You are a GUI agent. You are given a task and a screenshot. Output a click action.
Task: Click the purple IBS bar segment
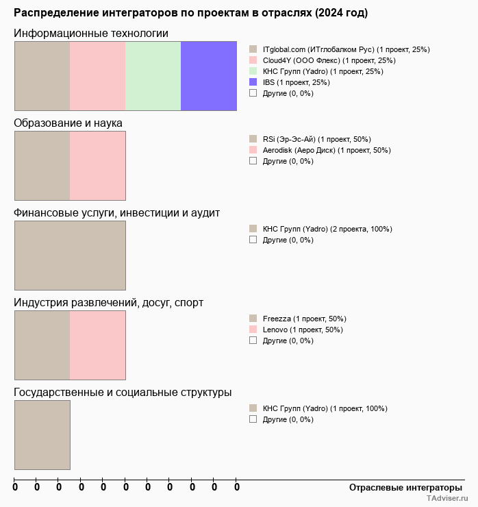click(208, 75)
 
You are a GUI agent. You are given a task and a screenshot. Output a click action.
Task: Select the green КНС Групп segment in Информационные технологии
click(153, 75)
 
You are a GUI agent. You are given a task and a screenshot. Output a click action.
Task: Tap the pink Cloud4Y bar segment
click(97, 75)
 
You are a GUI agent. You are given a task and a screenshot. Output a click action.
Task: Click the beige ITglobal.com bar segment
click(42, 75)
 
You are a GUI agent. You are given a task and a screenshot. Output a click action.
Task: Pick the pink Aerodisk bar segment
click(97, 165)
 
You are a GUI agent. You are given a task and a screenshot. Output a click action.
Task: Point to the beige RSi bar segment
click(42, 165)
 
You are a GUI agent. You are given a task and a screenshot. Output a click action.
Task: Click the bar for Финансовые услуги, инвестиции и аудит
click(70, 255)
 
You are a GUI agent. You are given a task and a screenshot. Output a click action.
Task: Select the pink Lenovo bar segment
click(97, 345)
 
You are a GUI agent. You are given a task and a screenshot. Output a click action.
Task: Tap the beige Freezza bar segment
click(42, 345)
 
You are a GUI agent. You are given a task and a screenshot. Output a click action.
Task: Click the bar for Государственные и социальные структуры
click(42, 434)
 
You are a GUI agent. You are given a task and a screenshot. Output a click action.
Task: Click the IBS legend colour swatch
click(253, 82)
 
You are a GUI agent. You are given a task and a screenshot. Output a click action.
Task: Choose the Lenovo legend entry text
click(303, 330)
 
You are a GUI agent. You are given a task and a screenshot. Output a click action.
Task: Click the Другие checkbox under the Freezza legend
click(253, 340)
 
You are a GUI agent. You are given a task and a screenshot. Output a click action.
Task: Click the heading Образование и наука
click(68, 123)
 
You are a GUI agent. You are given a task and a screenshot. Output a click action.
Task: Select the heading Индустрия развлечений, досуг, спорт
click(108, 302)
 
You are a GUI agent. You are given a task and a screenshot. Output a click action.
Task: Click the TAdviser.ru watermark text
click(446, 499)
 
